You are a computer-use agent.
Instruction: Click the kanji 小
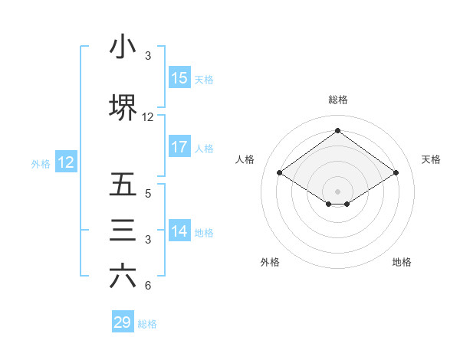click(x=123, y=48)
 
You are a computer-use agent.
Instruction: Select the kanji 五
click(x=123, y=185)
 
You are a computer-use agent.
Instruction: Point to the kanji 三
click(x=123, y=231)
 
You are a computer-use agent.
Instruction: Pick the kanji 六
click(x=123, y=277)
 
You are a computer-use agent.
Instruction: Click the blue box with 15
click(x=179, y=78)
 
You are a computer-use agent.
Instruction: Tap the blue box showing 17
click(x=179, y=147)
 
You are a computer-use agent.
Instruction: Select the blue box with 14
click(x=179, y=231)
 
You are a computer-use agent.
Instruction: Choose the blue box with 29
click(x=123, y=322)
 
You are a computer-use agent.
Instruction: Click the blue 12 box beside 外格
click(x=65, y=162)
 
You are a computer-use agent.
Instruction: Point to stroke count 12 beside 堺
click(x=148, y=117)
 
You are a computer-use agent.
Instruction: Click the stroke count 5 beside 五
click(x=148, y=194)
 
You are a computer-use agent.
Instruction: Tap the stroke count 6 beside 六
click(x=148, y=286)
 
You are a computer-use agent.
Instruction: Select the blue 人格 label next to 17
click(x=204, y=148)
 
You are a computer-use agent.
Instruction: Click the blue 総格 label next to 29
click(x=147, y=324)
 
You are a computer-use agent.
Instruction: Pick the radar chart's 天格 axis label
click(x=432, y=159)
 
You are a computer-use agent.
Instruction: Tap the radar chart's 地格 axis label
click(x=402, y=262)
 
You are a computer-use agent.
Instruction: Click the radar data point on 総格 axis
click(x=337, y=131)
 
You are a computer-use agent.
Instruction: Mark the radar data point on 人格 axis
click(x=280, y=173)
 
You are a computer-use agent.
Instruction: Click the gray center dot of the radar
click(x=337, y=190)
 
